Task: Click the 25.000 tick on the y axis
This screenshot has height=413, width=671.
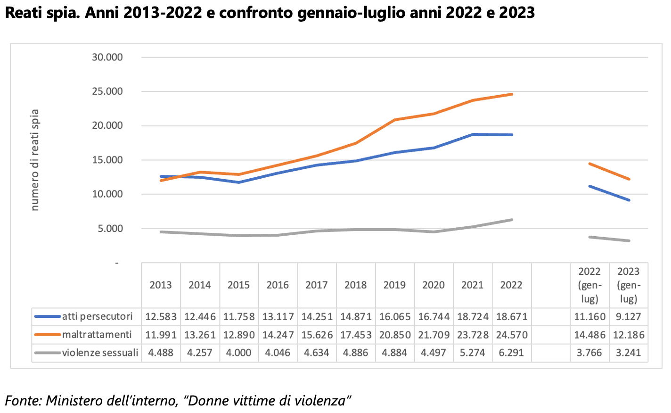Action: point(107,91)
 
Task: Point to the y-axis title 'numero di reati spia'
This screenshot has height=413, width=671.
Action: point(35,160)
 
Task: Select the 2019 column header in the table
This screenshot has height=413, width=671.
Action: point(394,285)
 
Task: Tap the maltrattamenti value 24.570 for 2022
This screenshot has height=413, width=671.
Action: point(512,335)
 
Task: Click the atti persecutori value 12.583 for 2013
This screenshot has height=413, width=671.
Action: point(161,317)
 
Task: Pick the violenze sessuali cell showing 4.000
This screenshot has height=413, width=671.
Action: point(238,353)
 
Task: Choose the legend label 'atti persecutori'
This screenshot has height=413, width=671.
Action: point(98,316)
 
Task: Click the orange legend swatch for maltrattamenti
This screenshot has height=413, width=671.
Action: point(48,335)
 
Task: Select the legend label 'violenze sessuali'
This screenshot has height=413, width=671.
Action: point(100,353)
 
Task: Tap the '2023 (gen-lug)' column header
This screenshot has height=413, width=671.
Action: point(628,285)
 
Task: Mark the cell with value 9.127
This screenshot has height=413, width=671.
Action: point(628,317)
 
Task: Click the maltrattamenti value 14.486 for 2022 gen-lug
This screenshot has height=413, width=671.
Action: point(589,335)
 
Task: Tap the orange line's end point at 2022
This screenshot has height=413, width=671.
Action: point(512,94)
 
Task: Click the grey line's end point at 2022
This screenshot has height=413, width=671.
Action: point(512,220)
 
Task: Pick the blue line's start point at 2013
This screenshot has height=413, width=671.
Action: point(161,176)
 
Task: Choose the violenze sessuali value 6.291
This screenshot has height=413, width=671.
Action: point(512,353)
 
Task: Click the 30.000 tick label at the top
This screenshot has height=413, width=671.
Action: point(107,57)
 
